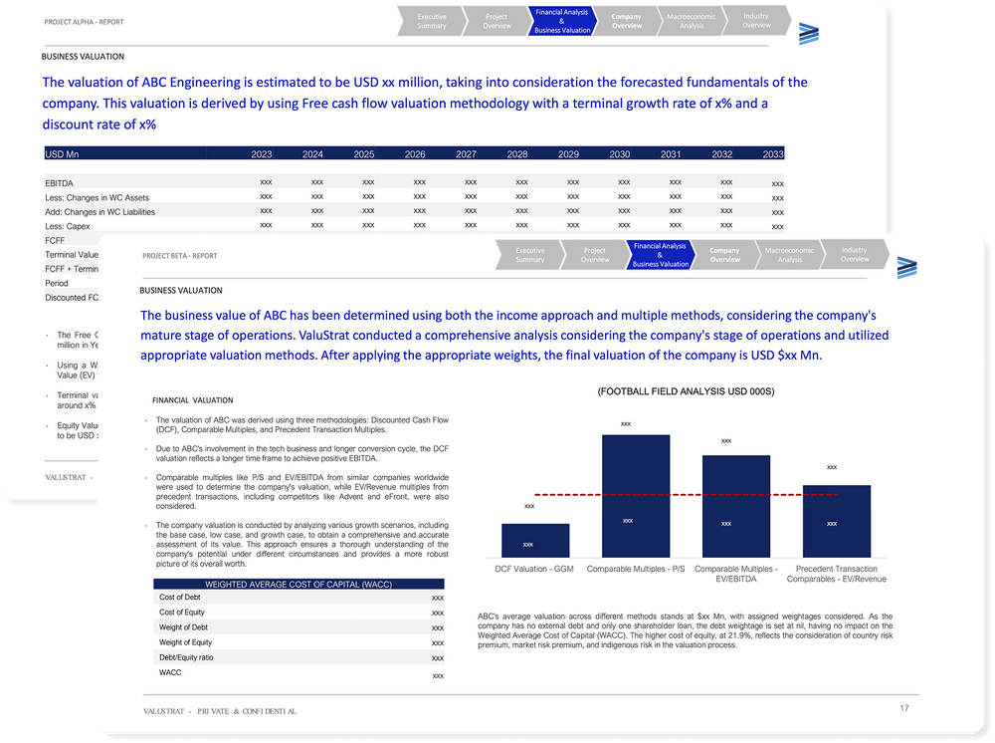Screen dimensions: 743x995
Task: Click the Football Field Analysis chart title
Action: pos(685,393)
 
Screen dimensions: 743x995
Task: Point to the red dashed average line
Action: pos(687,494)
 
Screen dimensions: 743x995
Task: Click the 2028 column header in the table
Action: pos(517,154)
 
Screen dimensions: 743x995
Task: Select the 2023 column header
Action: pos(262,154)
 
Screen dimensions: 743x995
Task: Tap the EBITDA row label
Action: pos(60,183)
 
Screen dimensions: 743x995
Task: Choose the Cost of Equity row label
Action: pos(182,612)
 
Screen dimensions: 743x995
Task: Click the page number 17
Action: pos(903,708)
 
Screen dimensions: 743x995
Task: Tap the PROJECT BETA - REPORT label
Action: pos(179,256)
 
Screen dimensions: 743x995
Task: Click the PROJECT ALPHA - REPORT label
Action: pos(85,21)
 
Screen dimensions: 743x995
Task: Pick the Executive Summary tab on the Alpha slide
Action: pos(432,21)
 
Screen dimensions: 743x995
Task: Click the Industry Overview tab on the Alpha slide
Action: pos(756,21)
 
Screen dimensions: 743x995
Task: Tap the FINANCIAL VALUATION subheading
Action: pos(192,399)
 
